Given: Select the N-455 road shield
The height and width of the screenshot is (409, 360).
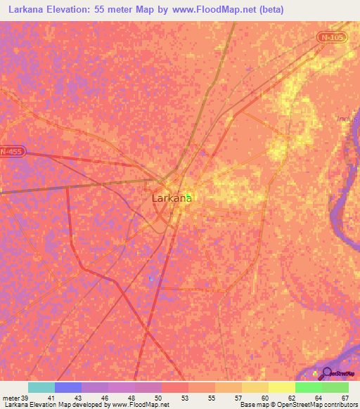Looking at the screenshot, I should coord(11,151).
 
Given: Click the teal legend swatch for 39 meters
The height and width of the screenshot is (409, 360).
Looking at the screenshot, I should coord(41,387).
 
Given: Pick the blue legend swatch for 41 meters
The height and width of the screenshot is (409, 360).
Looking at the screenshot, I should coord(68,387).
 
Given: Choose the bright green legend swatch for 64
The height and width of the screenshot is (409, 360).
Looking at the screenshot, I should coord(308,387).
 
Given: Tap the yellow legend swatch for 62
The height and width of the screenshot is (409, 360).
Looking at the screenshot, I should coord(281,387).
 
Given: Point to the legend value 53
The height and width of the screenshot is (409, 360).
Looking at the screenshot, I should coord(184,398).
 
